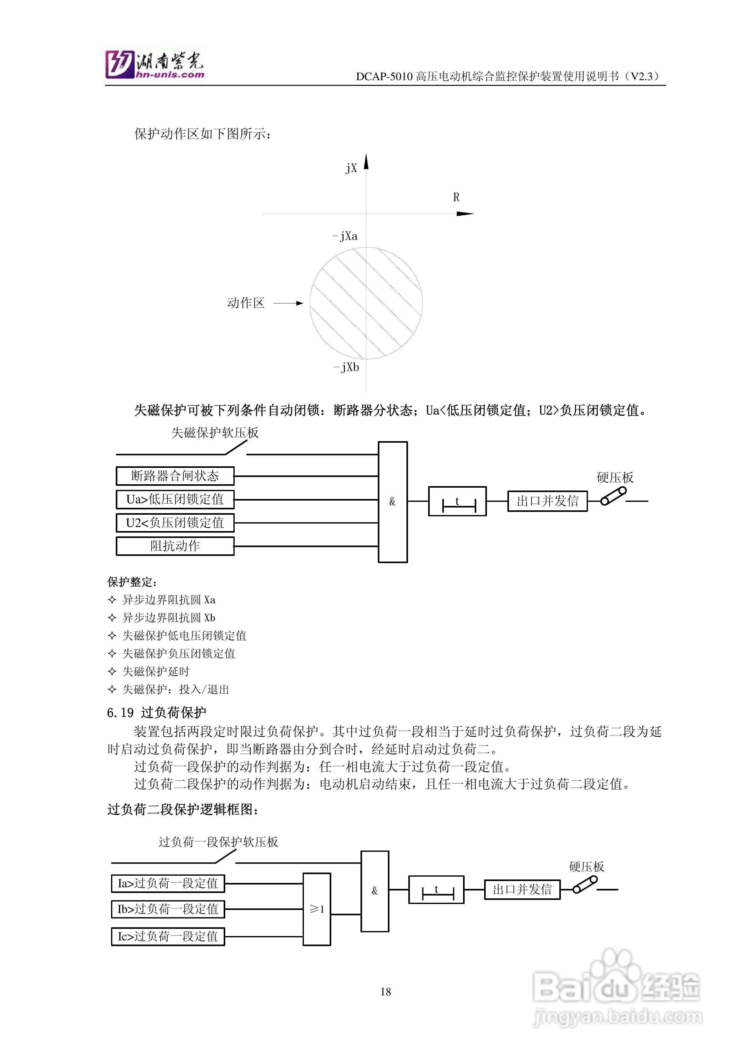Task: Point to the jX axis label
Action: (351, 168)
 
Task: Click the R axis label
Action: (456, 197)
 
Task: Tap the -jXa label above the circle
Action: (345, 236)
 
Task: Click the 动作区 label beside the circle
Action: (245, 303)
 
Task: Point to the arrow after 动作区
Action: (289, 303)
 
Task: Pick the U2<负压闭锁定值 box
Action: (175, 523)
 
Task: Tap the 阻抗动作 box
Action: (175, 546)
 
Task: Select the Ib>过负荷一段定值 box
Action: (168, 909)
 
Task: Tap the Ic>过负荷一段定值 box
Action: (168, 936)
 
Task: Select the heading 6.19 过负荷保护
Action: (156, 712)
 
